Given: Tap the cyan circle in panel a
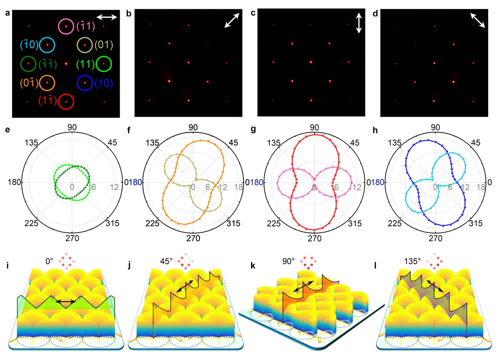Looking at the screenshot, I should point(47,45).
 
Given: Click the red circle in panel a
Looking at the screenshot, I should point(66,102).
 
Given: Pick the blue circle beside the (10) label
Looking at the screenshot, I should point(85,83).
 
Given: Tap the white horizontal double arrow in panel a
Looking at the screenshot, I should point(107,17).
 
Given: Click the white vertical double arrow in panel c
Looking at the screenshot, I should point(359,23).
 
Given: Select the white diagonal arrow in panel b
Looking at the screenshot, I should point(232,20).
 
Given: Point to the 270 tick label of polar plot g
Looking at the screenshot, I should point(314,239).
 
